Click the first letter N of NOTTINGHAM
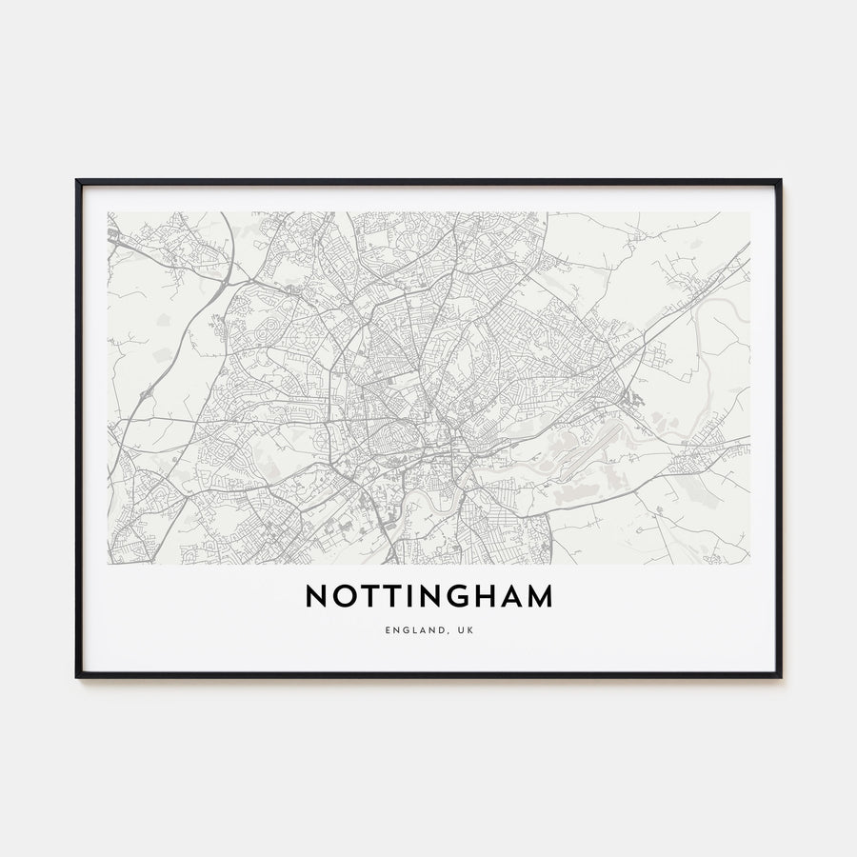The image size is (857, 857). (x=317, y=596)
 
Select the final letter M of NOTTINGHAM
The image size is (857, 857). (x=540, y=596)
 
